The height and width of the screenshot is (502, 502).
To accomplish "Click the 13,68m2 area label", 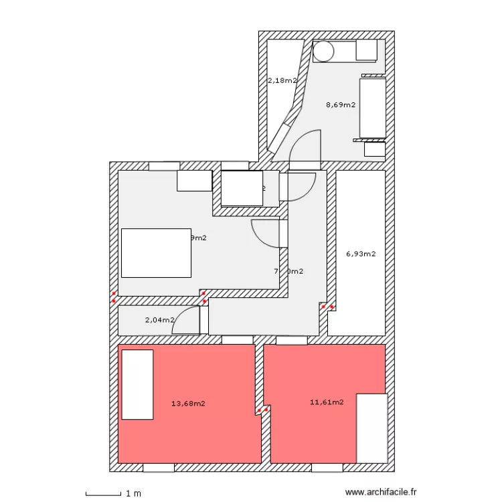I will coord(188,404).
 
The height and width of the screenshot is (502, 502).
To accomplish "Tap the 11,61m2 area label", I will coord(327,402).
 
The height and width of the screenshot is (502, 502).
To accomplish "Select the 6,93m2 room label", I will coord(361,254).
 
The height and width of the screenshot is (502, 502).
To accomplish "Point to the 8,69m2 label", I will coord(340,104).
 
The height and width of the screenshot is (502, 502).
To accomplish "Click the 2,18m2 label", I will coord(282,80).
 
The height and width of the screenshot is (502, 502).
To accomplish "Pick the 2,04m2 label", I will coord(159,320).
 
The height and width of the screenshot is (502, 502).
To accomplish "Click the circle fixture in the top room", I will coord(324,51).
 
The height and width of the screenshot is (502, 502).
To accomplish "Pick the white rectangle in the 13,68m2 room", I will coord(137,385).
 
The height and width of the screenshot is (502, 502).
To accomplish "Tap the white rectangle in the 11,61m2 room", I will coord(371,428).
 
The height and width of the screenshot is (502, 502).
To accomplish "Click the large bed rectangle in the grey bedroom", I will coord(155,253).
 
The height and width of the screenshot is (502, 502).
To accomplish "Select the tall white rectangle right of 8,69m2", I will coord(373,107).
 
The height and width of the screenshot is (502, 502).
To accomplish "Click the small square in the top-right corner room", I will coord(366,50).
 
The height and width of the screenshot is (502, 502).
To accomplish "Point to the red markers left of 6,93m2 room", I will coord(328,307).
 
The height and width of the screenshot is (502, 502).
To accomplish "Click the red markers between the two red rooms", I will coord(262,409).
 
